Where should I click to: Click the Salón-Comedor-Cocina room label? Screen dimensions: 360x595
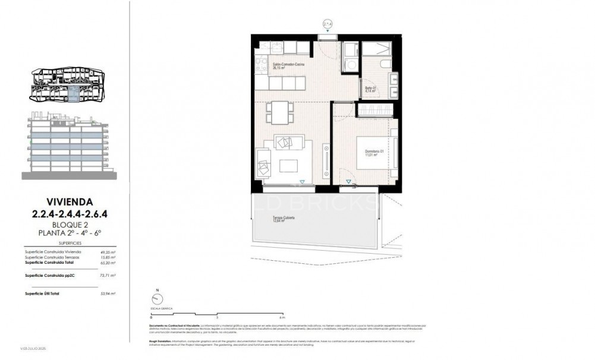[288, 65]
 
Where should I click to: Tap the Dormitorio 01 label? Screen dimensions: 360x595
[374, 151]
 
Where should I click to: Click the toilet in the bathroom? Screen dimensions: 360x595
[383, 63]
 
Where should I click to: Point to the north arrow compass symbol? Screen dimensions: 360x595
[158, 300]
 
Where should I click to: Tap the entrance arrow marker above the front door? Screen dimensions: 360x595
[327, 24]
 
